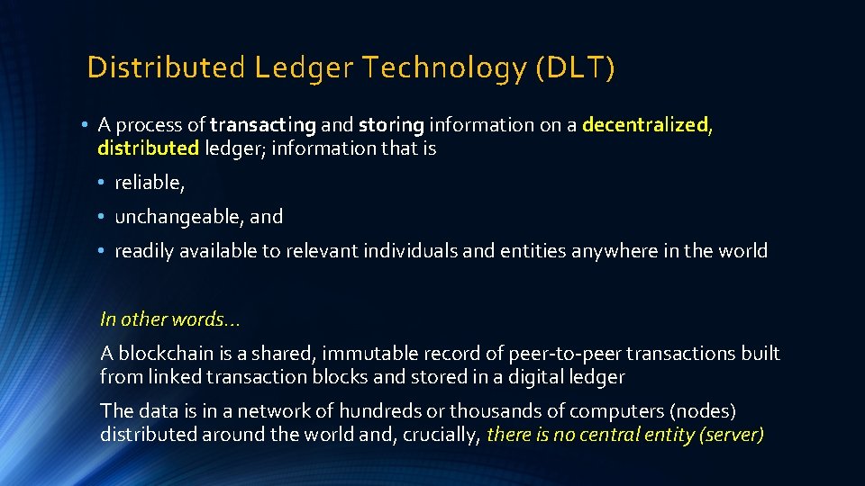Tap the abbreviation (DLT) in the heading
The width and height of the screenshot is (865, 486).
[575, 68]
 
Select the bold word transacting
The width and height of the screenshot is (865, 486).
[263, 125]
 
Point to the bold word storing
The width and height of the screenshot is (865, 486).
[391, 125]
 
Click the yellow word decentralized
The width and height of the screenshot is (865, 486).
[646, 125]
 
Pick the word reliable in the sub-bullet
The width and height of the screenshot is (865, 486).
[149, 183]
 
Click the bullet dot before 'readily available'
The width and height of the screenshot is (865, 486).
[105, 252]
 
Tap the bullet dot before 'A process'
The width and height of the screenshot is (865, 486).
[82, 126]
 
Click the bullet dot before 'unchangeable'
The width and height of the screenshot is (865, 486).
[105, 218]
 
